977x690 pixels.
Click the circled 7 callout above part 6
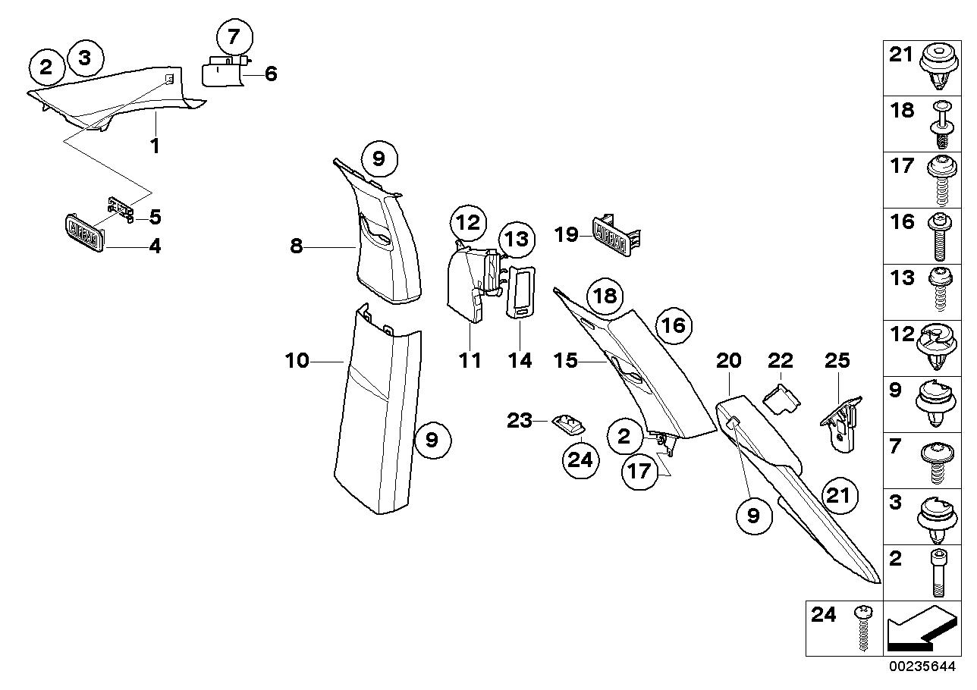coord(232,37)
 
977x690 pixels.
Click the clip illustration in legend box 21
coord(938,67)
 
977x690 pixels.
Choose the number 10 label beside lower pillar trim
coord(297,361)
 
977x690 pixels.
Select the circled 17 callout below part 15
coord(639,472)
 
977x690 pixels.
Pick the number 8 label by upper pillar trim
coord(295,246)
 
